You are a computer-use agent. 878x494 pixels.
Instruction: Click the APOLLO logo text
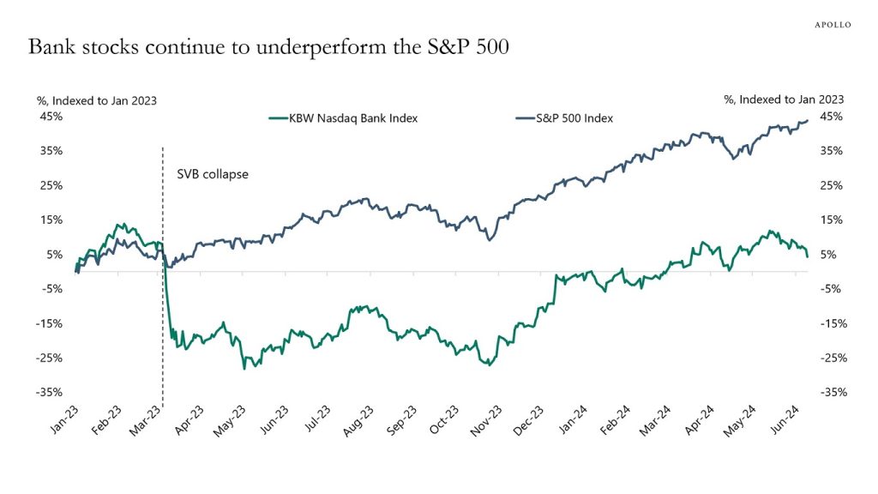[832, 25]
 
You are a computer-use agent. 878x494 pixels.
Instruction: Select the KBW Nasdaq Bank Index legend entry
[343, 118]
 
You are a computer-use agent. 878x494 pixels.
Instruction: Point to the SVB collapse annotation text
[212, 173]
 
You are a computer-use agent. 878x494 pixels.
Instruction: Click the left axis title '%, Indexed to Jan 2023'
[96, 100]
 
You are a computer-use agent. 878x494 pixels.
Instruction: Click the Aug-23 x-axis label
[358, 421]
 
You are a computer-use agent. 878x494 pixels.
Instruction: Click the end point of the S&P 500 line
[808, 121]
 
